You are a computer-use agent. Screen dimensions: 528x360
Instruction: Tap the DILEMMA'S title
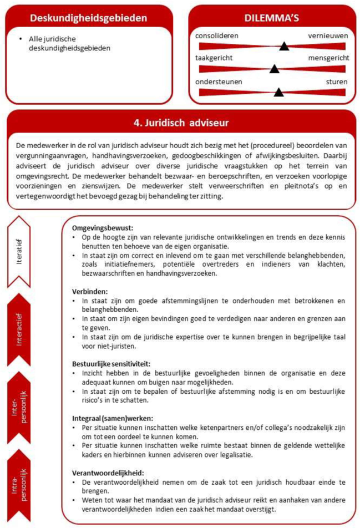click(272, 18)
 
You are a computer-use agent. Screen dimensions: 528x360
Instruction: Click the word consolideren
click(217, 36)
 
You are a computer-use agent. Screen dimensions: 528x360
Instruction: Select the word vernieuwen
click(328, 36)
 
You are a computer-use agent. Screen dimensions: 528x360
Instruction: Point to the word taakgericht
click(214, 58)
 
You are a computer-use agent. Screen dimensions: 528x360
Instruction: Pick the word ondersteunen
click(218, 81)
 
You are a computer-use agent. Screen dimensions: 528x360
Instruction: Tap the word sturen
click(337, 81)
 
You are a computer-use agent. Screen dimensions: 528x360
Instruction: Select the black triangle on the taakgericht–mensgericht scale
click(273, 69)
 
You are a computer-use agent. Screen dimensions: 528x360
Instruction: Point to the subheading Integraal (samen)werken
click(113, 418)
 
